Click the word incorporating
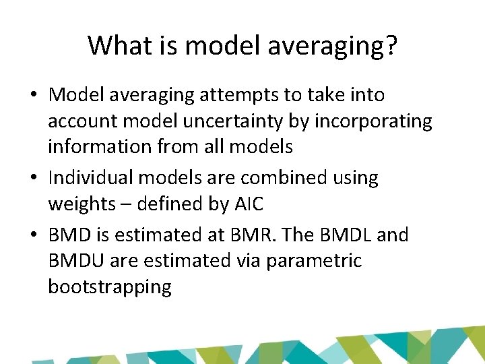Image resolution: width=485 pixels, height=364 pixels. pos(375,121)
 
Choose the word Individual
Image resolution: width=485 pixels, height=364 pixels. pos(98,178)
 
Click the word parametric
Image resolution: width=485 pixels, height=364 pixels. pos(314,261)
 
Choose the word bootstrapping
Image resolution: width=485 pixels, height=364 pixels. pos(110,287)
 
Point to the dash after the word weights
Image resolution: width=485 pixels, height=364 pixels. pos(125,204)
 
